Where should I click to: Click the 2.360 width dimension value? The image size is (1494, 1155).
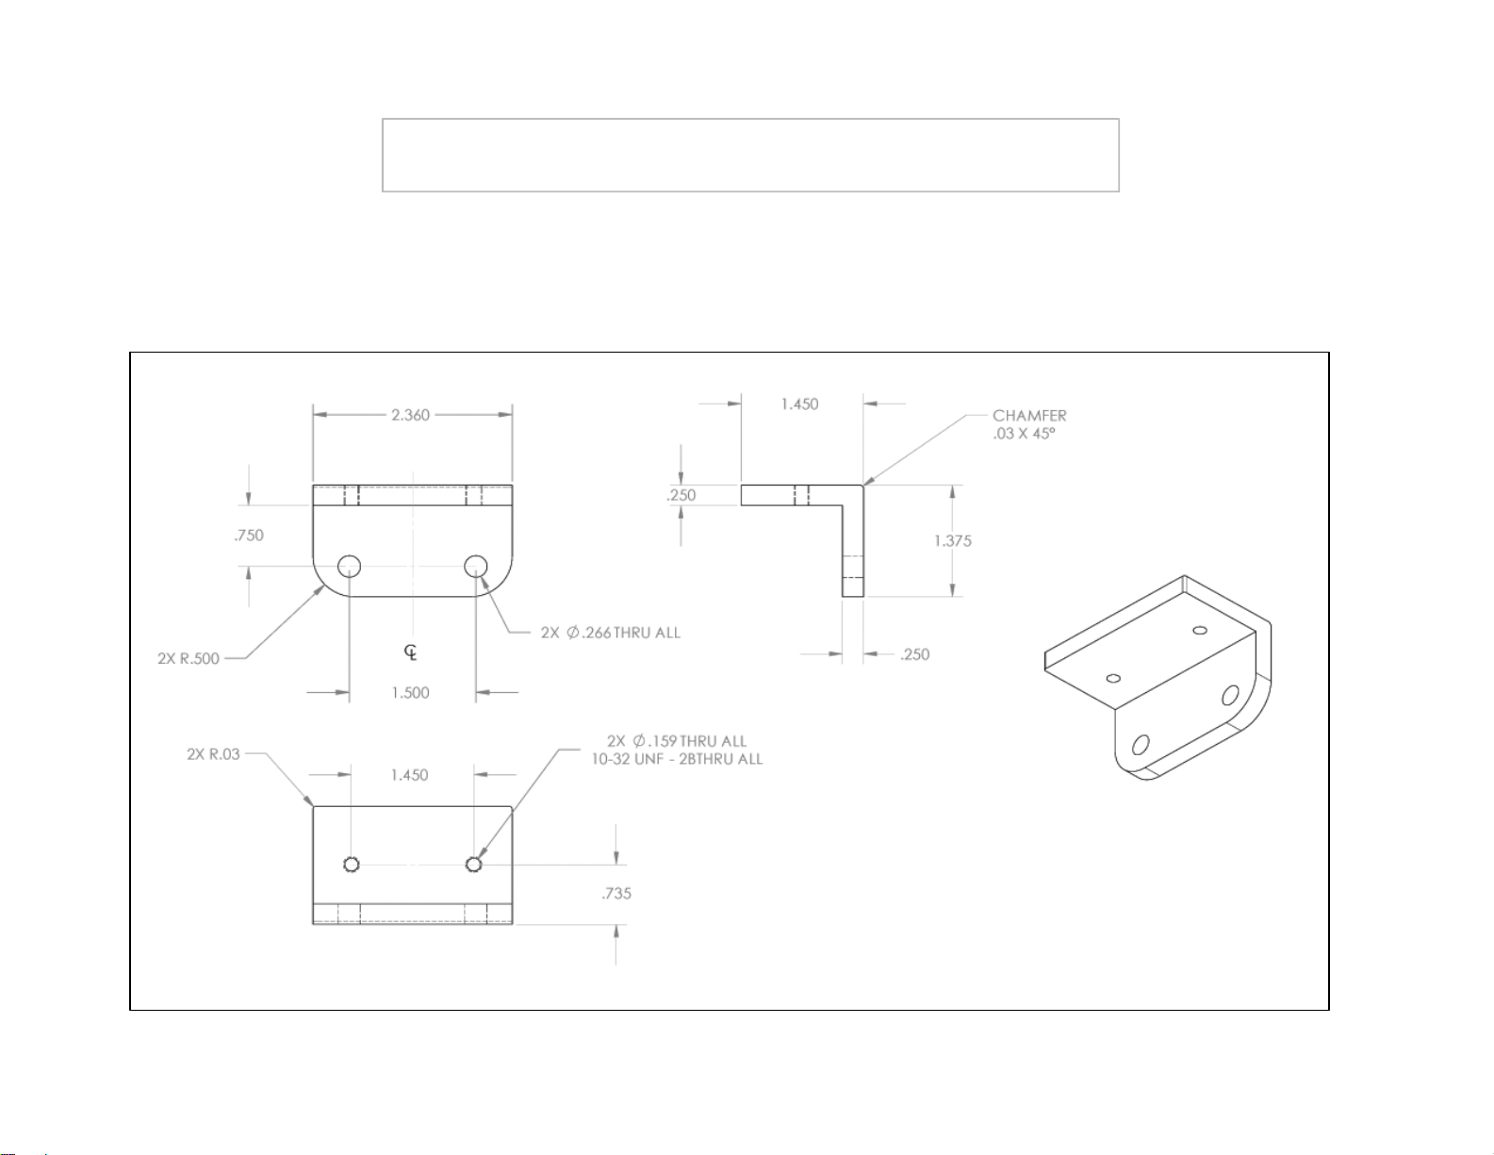pos(410,415)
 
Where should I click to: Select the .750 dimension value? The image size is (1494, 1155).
pos(248,536)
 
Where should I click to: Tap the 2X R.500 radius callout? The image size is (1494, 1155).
pos(189,659)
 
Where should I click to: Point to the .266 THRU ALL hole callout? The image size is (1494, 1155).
pos(611,633)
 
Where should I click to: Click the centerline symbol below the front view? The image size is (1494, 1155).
pos(410,652)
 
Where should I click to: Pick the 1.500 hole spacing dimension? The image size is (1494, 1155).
pos(410,693)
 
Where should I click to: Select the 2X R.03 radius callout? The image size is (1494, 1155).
pos(213,754)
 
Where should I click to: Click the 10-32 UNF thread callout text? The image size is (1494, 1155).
pos(677,759)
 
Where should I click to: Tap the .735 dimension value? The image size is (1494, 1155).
pos(616,894)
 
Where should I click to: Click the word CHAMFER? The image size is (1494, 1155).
pos(1029,416)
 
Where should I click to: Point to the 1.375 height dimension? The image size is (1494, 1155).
pos(952,541)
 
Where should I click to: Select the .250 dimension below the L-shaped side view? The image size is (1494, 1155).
pos(914,654)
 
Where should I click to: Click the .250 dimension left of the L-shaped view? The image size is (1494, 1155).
pos(681,495)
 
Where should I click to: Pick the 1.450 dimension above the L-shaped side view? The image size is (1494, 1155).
pos(799,404)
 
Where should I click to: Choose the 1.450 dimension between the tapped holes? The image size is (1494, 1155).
pos(409,775)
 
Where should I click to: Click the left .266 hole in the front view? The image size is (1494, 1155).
pos(350,567)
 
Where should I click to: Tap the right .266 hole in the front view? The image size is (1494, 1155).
pos(476,567)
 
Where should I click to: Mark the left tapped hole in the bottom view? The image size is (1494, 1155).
pos(352,865)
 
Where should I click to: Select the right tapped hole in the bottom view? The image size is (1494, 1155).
pos(474,865)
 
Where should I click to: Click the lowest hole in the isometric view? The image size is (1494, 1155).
pos(1141,745)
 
